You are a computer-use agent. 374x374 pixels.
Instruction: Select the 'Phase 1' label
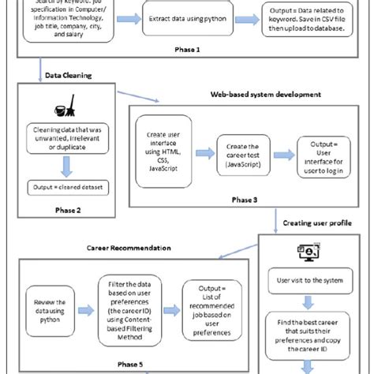point(186,48)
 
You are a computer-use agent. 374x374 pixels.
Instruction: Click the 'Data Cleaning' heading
point(69,76)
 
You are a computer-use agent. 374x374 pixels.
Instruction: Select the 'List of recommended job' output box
point(209,310)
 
